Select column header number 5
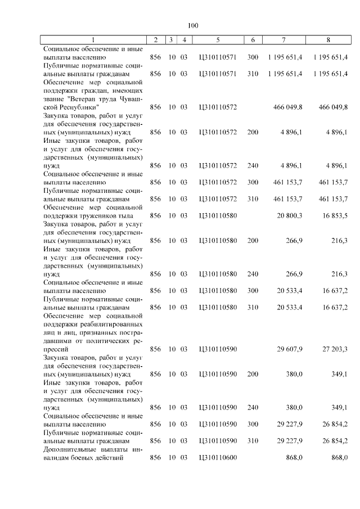pyautogui.click(x=218, y=40)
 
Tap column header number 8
pyautogui.click(x=328, y=40)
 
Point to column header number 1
pyautogui.click(x=93, y=40)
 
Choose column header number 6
pyautogui.click(x=253, y=40)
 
